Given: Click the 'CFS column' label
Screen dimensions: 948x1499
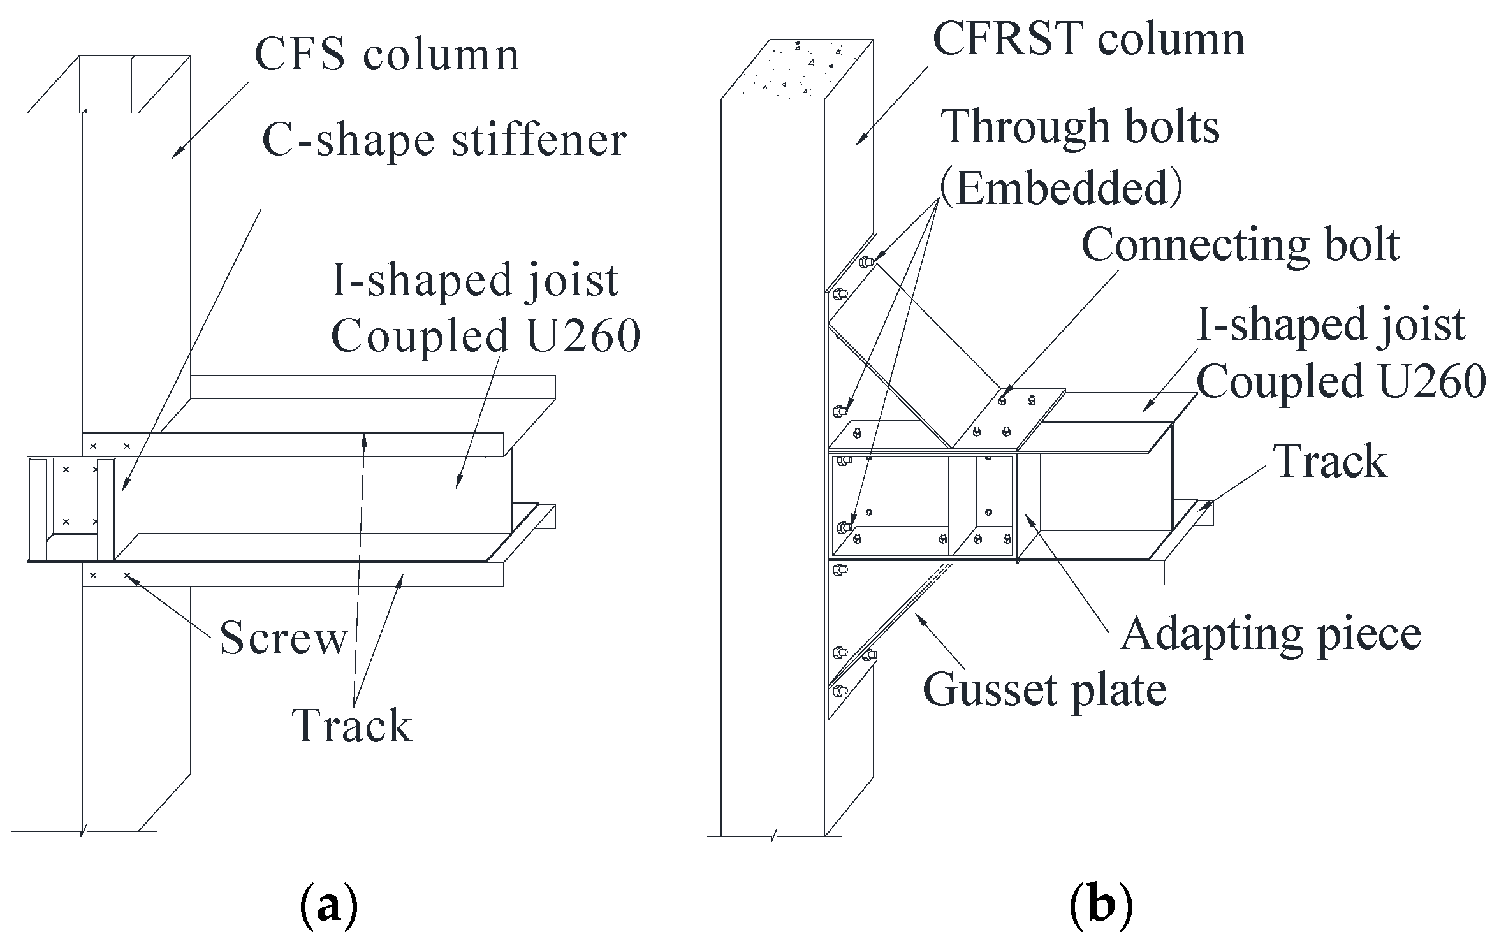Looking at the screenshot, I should [x=387, y=55].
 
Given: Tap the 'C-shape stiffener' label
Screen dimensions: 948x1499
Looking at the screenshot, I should [x=444, y=141].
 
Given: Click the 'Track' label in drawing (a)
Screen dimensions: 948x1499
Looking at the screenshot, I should [x=352, y=726].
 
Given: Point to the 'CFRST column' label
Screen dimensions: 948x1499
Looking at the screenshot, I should [x=1088, y=40].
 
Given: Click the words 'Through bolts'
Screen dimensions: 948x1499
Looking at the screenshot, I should [x=1080, y=127].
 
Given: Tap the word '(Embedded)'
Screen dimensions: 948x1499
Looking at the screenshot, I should [x=1061, y=189].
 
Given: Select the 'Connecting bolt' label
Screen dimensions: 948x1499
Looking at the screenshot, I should [x=1240, y=245].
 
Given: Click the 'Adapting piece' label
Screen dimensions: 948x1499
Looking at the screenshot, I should [x=1271, y=634].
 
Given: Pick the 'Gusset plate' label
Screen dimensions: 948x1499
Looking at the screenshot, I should [x=1044, y=690].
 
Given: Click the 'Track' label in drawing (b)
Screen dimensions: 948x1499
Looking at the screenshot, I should [x=1330, y=462].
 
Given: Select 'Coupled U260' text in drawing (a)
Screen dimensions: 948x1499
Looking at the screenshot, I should [x=485, y=336].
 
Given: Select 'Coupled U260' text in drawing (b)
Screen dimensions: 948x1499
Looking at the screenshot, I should [x=1341, y=382].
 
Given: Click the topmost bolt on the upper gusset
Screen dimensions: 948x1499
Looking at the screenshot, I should [x=865, y=261].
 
